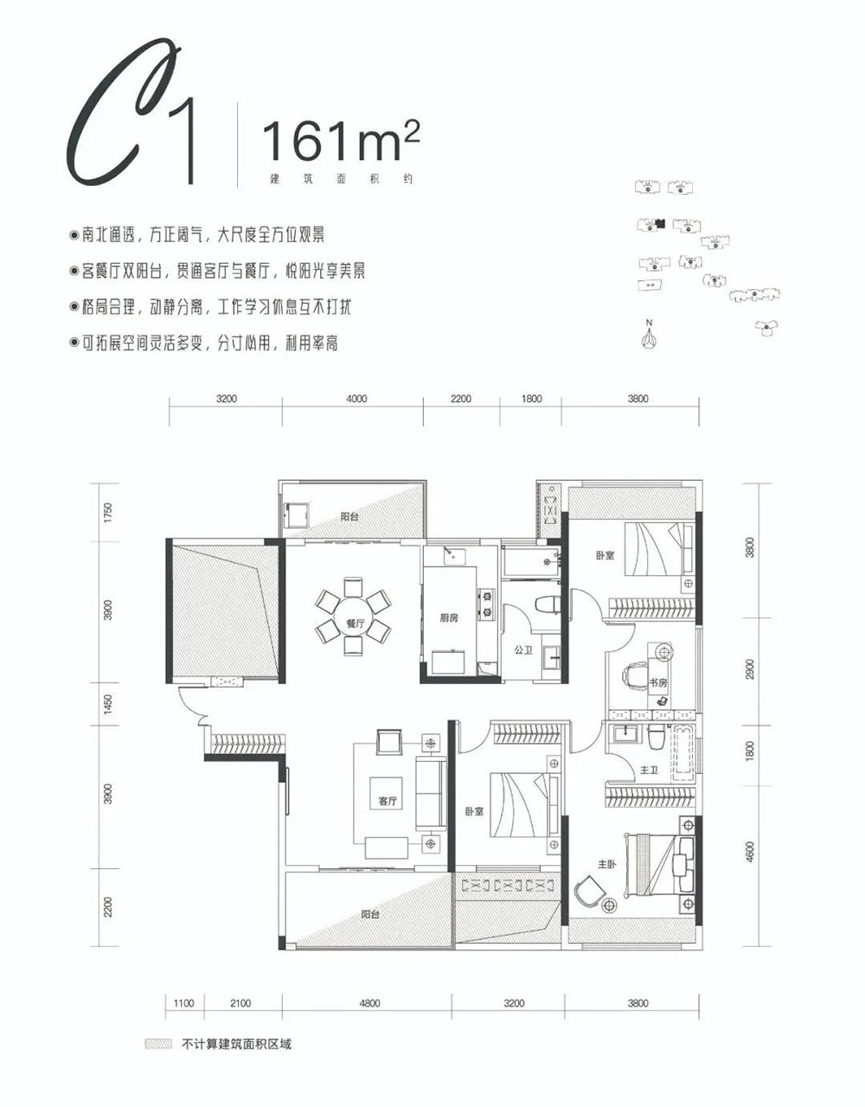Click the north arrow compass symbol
coord(646,336)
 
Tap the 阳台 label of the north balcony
coord(349,516)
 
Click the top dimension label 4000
coord(356,399)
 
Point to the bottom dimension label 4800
coord(368,1003)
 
